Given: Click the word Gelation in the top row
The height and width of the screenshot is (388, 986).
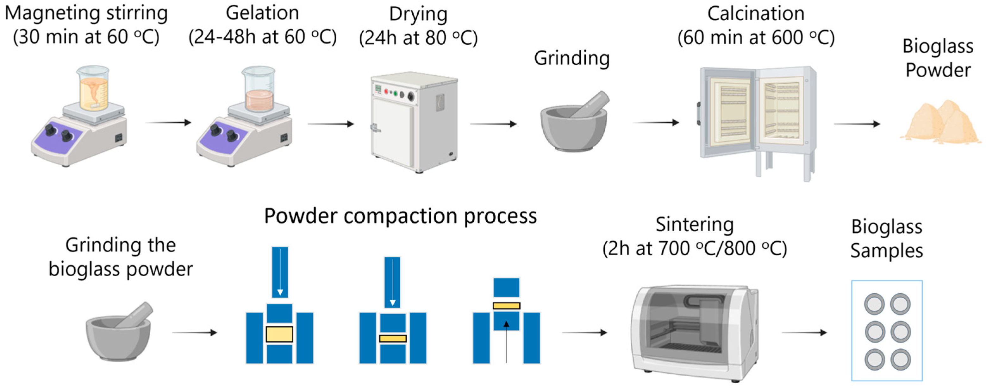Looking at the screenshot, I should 262,13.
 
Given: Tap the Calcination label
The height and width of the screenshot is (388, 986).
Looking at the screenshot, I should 756,14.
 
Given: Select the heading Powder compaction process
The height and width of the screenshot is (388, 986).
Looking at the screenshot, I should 400,216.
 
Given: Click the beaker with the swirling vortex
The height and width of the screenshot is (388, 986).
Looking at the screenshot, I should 93,89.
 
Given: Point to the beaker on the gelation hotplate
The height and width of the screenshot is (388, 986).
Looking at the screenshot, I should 259,90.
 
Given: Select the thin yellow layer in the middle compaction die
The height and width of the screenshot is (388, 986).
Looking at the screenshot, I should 393,339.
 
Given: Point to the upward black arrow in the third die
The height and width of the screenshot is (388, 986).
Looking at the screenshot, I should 506,341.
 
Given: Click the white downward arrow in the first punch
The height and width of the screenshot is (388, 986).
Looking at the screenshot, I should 280,272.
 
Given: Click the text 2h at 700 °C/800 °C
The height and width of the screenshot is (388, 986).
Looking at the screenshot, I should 694,249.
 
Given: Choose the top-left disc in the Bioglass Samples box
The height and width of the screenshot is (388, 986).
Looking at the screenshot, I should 874,304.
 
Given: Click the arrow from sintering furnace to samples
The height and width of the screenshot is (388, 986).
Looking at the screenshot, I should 804,333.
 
